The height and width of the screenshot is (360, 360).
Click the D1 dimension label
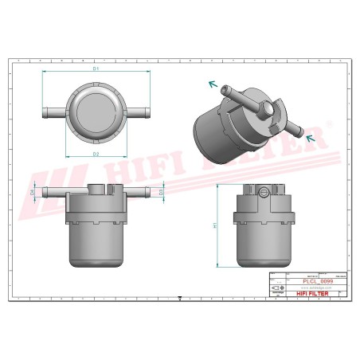(96, 69)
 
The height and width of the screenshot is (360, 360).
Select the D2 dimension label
(96, 153)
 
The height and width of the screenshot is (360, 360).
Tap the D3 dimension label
(161, 192)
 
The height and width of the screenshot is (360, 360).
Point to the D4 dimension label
(33, 192)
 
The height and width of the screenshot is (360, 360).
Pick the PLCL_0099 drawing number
(317, 281)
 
